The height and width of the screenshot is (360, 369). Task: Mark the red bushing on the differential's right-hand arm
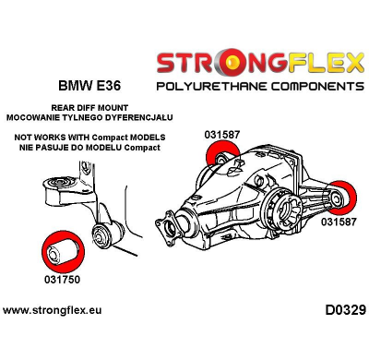349,197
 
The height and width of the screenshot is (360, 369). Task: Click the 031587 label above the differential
222,134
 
